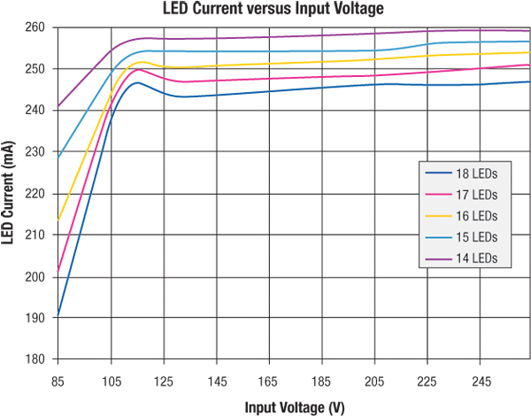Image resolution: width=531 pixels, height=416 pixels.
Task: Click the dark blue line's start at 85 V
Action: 58,315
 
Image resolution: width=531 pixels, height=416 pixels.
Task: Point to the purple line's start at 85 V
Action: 58,106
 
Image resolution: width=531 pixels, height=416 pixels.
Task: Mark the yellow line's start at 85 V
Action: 58,220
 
